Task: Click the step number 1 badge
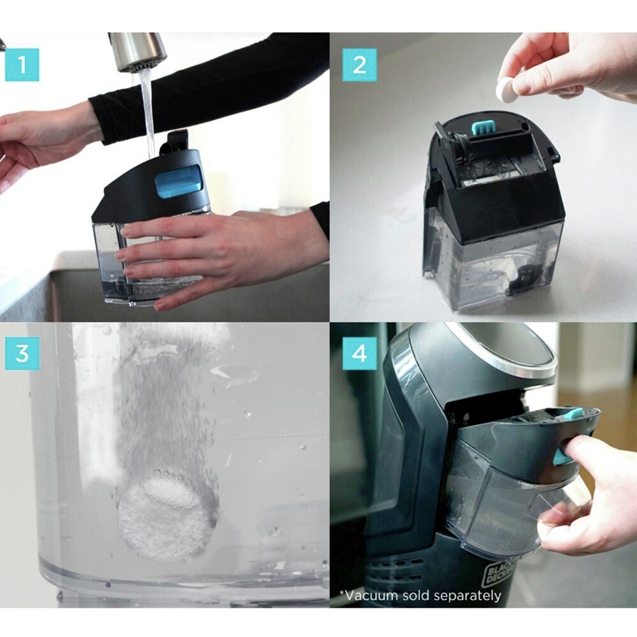22,64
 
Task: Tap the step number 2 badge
359,64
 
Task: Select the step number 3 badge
22,353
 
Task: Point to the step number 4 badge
359,353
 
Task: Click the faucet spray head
138,52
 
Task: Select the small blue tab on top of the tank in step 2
480,127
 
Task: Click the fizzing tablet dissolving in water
164,513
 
